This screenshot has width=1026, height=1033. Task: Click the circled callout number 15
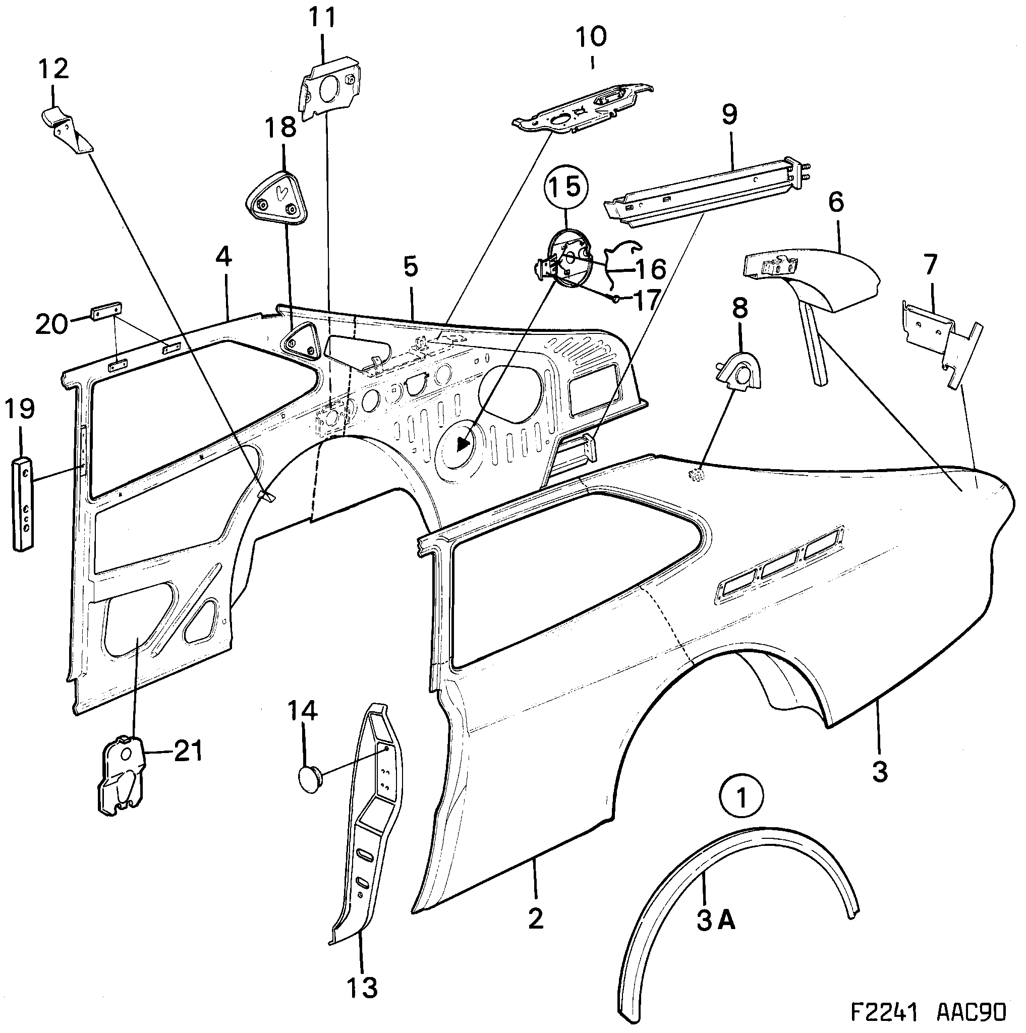565,187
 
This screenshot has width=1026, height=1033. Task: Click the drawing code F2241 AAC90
928,1012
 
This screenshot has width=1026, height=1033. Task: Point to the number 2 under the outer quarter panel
535,919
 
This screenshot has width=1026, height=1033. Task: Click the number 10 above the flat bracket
591,37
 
